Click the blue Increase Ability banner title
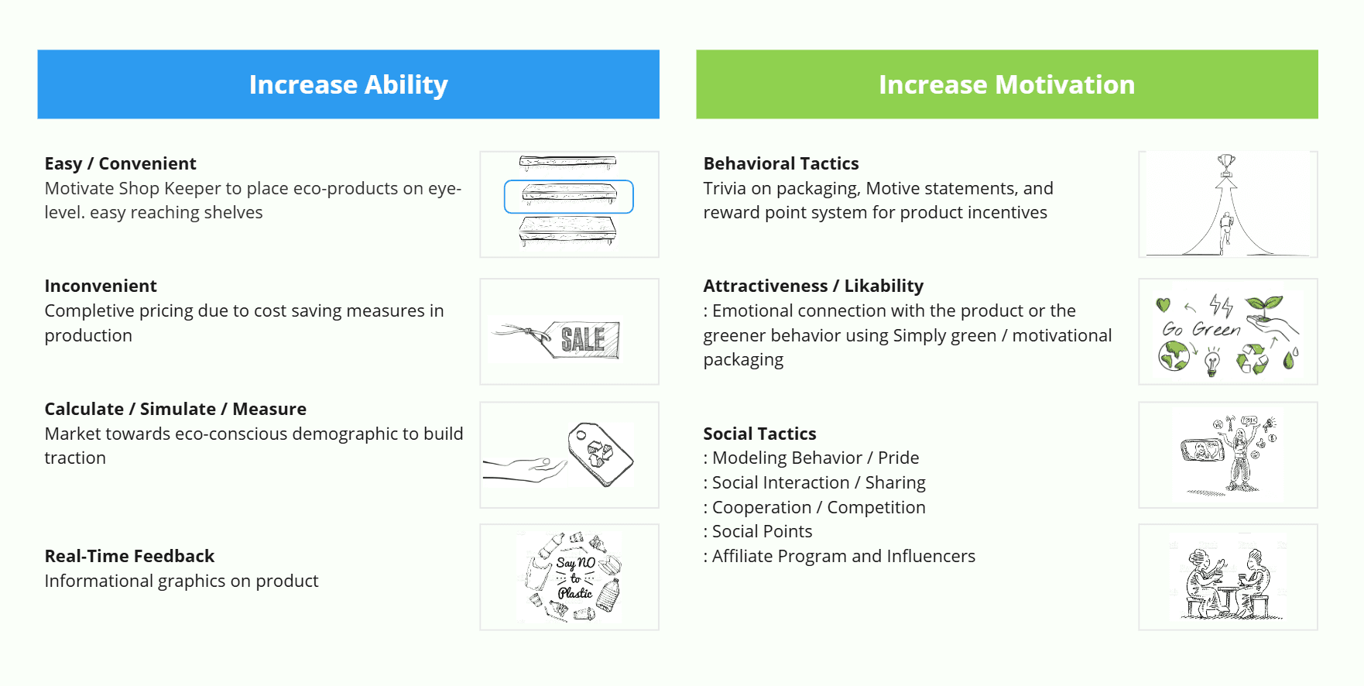(348, 84)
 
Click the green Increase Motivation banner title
(1006, 84)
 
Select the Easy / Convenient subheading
(120, 163)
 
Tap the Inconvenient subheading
(101, 286)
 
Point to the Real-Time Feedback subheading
(129, 556)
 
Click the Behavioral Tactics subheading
(781, 163)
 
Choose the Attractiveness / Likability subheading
(814, 286)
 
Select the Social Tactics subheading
(759, 434)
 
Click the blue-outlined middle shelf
(569, 197)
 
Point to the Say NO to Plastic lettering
(575, 578)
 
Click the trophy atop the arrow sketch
(1226, 164)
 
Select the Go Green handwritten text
(1201, 329)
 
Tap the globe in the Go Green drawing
(1174, 356)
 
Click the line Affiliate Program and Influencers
(839, 556)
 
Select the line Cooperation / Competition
(814, 507)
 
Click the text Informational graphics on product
(181, 581)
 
